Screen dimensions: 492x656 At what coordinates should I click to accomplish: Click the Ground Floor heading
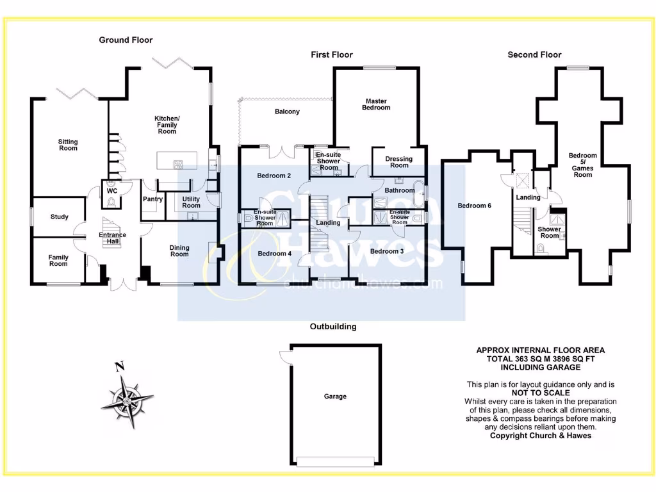[126, 40]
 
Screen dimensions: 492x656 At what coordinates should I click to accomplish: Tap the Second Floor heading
[534, 54]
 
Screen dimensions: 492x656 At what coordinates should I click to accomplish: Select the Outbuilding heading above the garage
[333, 327]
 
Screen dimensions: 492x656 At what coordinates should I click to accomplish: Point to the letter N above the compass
[118, 367]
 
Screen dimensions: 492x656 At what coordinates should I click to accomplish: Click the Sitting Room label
[68, 145]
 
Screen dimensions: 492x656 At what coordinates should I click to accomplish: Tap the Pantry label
[154, 199]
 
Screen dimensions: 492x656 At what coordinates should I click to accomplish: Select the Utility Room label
[191, 202]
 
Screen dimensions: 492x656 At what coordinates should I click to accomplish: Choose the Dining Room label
[179, 251]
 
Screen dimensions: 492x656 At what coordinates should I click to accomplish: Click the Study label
[60, 217]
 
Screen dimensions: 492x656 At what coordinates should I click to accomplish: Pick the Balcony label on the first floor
[287, 111]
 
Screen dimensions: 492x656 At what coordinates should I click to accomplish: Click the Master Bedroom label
[376, 104]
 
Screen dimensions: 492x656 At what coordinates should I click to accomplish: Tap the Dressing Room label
[398, 162]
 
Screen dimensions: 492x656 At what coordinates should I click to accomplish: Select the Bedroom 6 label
[474, 206]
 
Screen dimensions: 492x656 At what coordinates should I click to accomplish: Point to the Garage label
[335, 397]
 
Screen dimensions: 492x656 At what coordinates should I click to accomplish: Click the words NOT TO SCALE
[541, 393]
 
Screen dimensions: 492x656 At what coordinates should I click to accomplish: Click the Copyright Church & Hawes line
[541, 436]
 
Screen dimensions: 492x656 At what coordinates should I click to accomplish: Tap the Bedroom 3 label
[387, 251]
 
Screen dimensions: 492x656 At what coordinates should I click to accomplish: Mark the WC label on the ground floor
[112, 191]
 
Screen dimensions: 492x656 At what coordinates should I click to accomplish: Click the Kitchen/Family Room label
[167, 125]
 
